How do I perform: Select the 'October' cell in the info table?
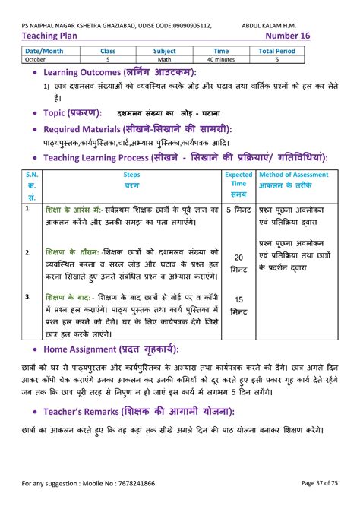(35, 58)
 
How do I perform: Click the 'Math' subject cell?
(164, 58)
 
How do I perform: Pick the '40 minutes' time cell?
(221, 58)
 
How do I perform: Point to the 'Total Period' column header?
(277, 51)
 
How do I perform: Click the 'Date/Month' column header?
(43, 51)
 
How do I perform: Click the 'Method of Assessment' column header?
(294, 175)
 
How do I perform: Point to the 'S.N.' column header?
(31, 175)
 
